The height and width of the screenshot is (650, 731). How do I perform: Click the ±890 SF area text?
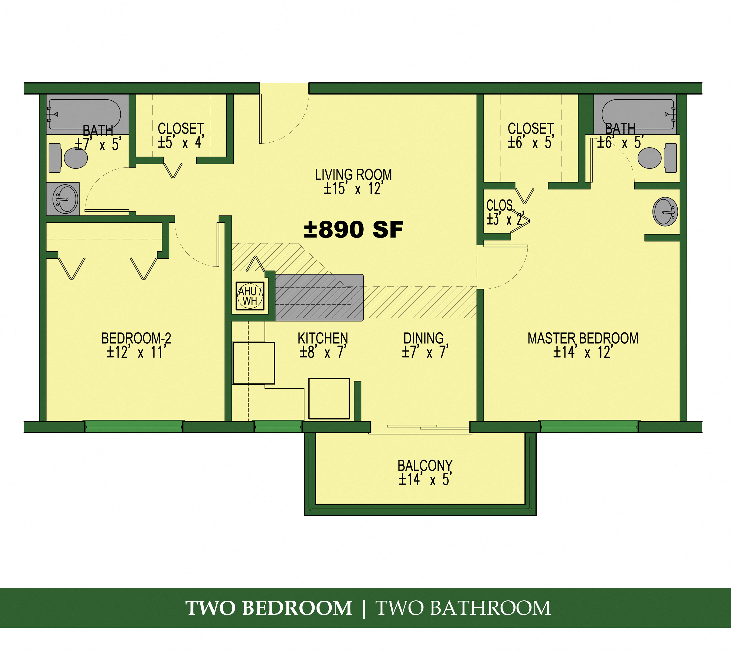tap(353, 230)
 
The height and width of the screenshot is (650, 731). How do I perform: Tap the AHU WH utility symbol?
tap(250, 296)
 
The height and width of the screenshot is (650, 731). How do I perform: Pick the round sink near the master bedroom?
tap(665, 212)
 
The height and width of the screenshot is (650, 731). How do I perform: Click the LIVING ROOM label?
tap(353, 175)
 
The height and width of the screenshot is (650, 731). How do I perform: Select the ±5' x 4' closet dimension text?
tap(181, 143)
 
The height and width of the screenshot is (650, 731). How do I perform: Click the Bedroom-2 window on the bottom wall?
tap(134, 427)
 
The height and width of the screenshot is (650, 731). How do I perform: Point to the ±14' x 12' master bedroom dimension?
tap(583, 352)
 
